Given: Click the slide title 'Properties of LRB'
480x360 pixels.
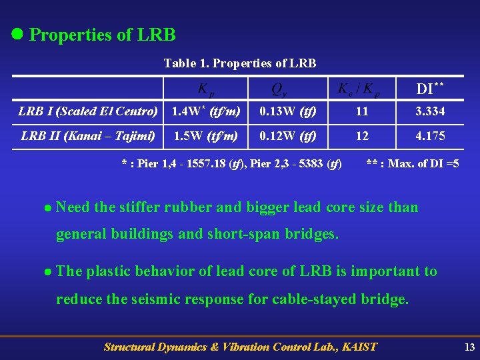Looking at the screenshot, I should [103, 35].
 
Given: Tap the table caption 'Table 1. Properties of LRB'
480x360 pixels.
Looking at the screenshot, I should [240, 63].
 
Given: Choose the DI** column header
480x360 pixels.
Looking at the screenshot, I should [430, 88].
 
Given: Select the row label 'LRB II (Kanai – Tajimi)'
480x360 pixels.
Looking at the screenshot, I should [88, 137].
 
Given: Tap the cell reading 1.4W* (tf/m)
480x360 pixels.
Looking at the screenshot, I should [206, 111].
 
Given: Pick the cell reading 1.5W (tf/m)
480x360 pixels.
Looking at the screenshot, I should [206, 137].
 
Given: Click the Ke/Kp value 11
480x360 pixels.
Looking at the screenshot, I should [362, 111].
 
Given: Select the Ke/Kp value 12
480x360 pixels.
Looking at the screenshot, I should [362, 137].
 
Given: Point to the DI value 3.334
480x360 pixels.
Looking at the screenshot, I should [430, 111].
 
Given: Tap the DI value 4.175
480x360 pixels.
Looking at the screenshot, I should [430, 137].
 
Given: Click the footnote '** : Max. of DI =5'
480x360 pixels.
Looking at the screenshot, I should [413, 163].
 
